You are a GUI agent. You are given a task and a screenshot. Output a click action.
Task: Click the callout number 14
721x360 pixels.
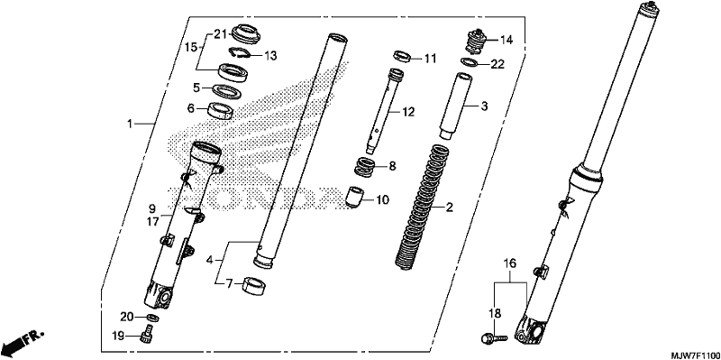tap(506, 40)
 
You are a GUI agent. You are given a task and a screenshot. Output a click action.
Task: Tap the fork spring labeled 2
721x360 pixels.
tap(421, 206)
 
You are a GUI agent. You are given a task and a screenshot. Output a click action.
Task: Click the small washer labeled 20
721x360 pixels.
tap(152, 318)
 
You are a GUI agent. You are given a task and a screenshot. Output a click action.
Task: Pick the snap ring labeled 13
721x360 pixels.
tap(240, 53)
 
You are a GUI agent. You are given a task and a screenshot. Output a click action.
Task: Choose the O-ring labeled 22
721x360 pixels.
tap(469, 62)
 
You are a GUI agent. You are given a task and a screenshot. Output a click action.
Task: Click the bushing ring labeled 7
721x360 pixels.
tap(255, 286)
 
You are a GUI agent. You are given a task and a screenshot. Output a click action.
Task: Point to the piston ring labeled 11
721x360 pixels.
tap(402, 56)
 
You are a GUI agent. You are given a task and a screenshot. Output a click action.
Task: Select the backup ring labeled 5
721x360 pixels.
tap(224, 90)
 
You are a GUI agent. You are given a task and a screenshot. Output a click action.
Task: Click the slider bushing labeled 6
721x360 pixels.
tap(221, 110)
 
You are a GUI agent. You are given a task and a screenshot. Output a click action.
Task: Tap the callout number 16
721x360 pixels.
tap(509, 263)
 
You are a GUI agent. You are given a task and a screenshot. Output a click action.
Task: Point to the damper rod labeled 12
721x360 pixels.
tap(381, 110)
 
